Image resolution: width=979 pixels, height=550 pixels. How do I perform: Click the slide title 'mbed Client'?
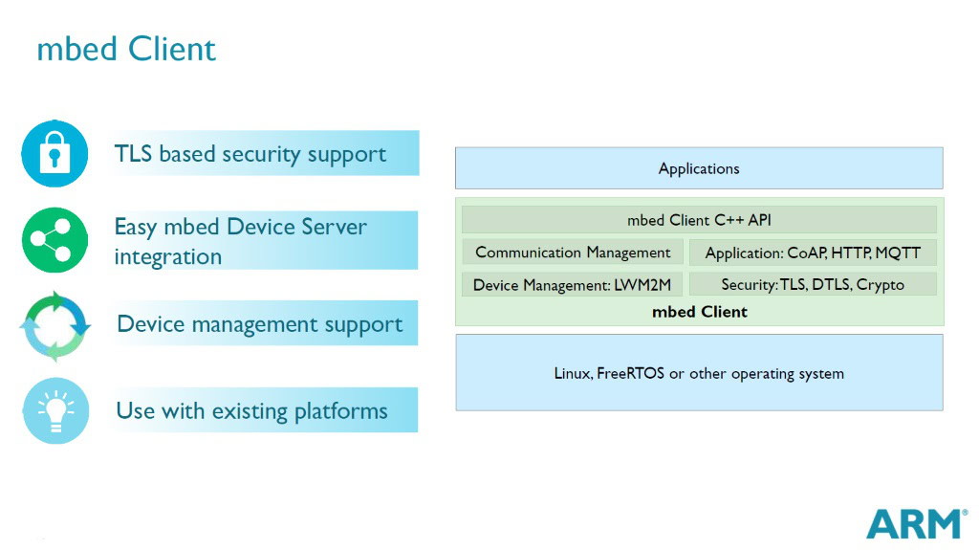(126, 49)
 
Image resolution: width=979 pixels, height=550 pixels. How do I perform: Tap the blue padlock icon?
(54, 154)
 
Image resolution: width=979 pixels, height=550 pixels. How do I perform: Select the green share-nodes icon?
(54, 240)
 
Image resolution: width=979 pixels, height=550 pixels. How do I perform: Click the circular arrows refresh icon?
(54, 325)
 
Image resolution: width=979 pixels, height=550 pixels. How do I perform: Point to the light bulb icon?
(54, 410)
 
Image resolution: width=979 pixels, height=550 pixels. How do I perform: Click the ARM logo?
(915, 524)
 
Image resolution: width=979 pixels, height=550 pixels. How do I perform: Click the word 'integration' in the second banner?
(167, 257)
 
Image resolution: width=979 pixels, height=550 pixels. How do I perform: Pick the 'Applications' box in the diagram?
(699, 168)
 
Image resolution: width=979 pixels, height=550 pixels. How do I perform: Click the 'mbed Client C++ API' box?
(699, 220)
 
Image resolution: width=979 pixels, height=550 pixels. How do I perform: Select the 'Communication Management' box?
(573, 253)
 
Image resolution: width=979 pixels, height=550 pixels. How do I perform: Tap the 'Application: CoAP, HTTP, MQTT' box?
(813, 253)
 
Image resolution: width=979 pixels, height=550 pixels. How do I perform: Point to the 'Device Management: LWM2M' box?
(572, 285)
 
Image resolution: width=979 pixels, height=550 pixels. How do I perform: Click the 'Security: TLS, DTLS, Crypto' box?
(813, 285)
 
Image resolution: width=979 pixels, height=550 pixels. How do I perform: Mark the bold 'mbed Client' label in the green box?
(699, 312)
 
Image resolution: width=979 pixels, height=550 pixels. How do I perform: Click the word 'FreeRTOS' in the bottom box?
(629, 373)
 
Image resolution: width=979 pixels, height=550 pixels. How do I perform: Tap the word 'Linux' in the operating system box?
(572, 373)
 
